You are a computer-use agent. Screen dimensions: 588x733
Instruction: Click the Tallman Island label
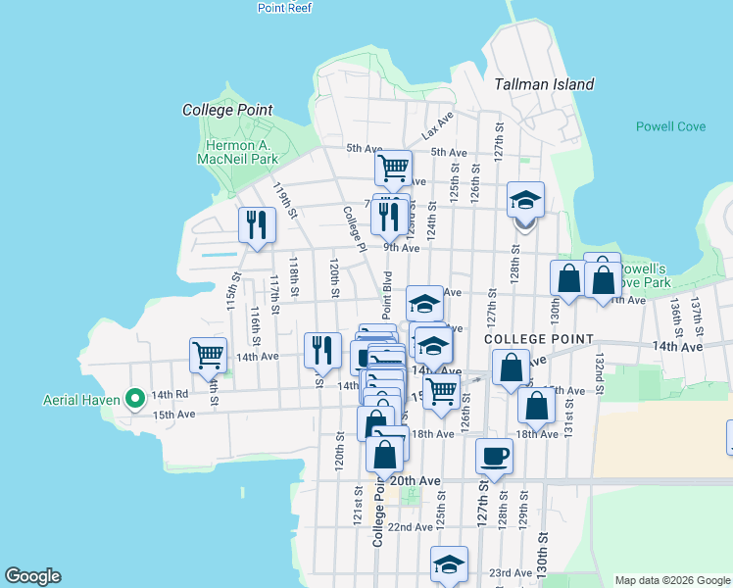click(x=544, y=84)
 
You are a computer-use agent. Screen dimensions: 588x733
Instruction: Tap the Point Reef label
click(x=284, y=7)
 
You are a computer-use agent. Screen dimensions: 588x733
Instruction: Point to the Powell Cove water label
click(x=671, y=126)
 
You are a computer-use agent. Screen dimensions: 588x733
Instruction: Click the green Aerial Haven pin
click(x=135, y=399)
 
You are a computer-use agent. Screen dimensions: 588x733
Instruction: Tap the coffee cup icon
click(x=494, y=456)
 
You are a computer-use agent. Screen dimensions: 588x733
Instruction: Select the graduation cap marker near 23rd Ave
click(x=449, y=564)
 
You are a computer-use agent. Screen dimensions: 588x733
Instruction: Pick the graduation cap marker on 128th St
click(x=525, y=201)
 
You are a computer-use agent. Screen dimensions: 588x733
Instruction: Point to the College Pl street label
click(x=354, y=228)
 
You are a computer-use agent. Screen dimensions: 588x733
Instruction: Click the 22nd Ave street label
click(x=410, y=526)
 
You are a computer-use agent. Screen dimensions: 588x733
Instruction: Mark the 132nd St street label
click(x=597, y=371)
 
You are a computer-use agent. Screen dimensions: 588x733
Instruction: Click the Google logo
click(x=32, y=576)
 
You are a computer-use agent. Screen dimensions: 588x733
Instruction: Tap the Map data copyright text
click(x=672, y=580)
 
